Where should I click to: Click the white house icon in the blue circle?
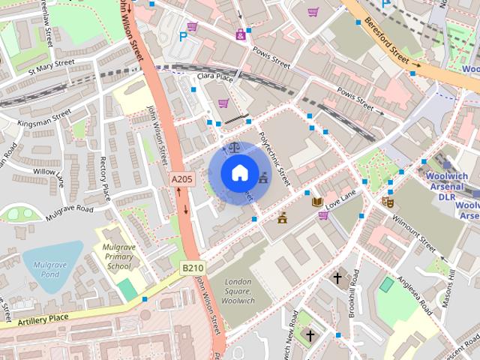click(x=238, y=173)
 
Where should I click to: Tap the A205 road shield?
click(x=181, y=179)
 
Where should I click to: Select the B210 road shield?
click(x=193, y=267)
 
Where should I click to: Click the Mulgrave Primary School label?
click(x=118, y=256)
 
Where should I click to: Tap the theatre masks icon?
click(x=388, y=201)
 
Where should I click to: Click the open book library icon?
click(x=317, y=202)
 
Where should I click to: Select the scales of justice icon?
click(x=234, y=148)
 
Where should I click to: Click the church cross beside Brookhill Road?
click(x=337, y=278)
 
